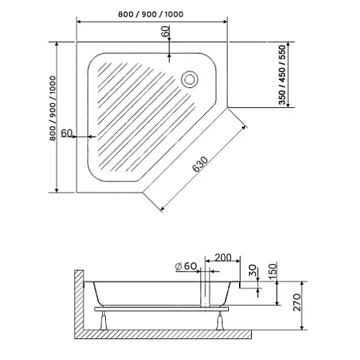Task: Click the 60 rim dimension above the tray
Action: [166, 33]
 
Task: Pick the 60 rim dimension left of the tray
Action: [67, 133]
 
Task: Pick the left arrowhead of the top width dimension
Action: [78, 22]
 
